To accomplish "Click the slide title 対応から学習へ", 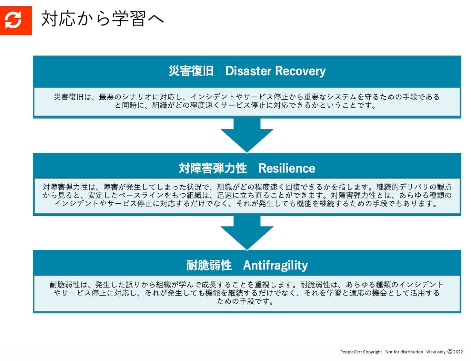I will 102,19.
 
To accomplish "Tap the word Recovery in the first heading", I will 300,71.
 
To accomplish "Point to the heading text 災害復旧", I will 191,71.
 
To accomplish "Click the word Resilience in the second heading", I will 287,168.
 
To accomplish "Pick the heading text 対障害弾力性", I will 213,168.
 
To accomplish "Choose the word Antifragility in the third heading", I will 275,265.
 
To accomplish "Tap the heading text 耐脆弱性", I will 209,265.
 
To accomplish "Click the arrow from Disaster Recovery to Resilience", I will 247,135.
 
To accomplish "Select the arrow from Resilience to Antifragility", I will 247,232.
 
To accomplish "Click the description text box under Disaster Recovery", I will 247,101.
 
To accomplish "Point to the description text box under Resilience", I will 247,196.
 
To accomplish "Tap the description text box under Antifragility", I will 247,293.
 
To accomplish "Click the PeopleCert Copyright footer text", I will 361,352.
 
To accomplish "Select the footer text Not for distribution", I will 404,352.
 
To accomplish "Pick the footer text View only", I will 436,352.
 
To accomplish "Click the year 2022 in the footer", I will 458,352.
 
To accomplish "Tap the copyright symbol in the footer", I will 450,352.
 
